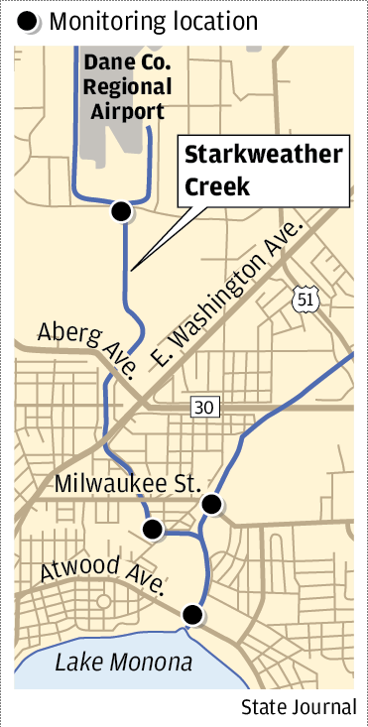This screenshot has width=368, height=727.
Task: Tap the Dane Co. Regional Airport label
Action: [x=127, y=86]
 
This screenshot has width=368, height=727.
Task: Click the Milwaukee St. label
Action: [x=128, y=484]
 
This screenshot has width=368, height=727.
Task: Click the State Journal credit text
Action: [x=298, y=707]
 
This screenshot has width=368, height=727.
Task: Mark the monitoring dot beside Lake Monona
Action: [x=193, y=616]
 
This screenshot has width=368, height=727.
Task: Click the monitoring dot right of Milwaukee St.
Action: [x=211, y=505]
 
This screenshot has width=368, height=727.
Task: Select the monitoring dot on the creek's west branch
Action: [x=153, y=530]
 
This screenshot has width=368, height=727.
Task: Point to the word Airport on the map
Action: [x=128, y=110]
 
